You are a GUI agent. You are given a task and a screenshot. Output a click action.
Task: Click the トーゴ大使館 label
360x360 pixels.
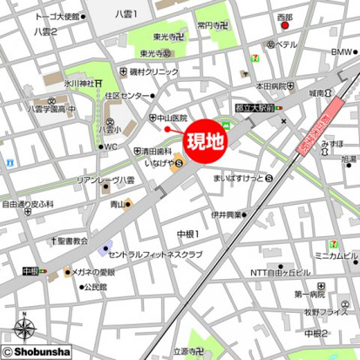pos(35,17)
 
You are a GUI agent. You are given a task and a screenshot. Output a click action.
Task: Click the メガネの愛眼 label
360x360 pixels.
pos(94,273)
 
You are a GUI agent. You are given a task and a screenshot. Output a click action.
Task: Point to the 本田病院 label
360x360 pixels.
pos(272,86)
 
